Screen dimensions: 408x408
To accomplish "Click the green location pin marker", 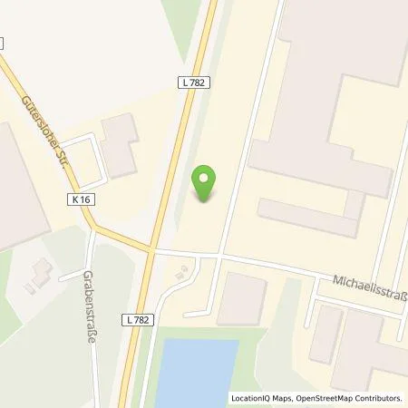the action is point(208,183).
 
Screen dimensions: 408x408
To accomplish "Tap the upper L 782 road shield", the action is point(190,83).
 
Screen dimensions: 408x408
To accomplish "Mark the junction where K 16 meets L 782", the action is point(151,248).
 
